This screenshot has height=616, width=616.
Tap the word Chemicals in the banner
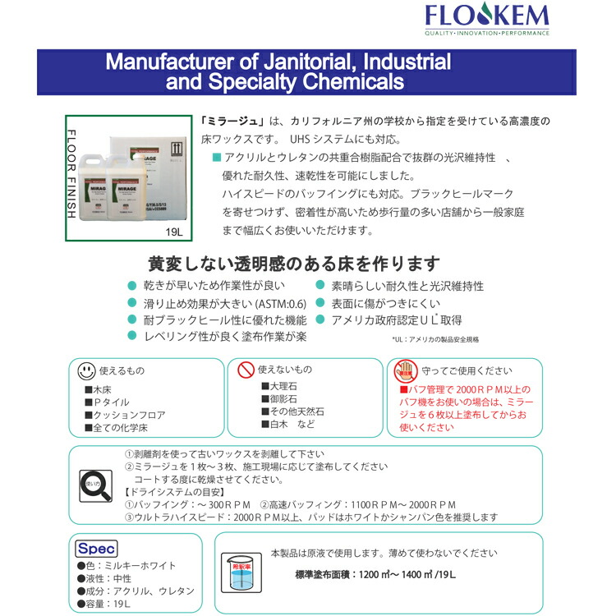(345, 82)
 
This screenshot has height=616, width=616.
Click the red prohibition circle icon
(244, 370)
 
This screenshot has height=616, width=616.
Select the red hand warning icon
(400, 370)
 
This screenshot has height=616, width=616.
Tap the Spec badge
(97, 549)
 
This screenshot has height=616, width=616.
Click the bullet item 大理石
(283, 386)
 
